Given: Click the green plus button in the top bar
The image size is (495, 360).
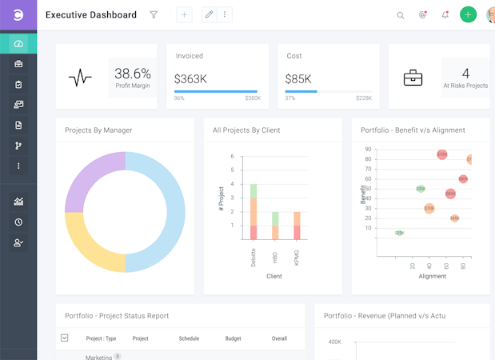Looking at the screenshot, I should pyautogui.click(x=468, y=14).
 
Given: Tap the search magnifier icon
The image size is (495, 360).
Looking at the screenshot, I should pyautogui.click(x=401, y=15).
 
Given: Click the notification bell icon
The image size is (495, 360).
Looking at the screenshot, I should pyautogui.click(x=445, y=14).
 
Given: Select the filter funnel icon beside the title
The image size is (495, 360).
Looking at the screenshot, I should pyautogui.click(x=154, y=14).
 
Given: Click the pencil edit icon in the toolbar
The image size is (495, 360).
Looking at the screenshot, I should pyautogui.click(x=210, y=14).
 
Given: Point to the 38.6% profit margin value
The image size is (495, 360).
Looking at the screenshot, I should pyautogui.click(x=133, y=74).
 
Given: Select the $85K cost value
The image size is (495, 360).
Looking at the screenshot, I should pyautogui.click(x=297, y=79).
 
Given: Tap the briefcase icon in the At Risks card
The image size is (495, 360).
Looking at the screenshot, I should pyautogui.click(x=413, y=78).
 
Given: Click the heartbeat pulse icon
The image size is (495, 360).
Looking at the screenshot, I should pyautogui.click(x=80, y=78).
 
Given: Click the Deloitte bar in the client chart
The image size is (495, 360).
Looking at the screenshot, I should pyautogui.click(x=253, y=213).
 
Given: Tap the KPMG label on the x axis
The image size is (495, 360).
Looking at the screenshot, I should pyautogui.click(x=297, y=257).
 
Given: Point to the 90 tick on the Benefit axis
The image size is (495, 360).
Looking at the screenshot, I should pyautogui.click(x=368, y=149).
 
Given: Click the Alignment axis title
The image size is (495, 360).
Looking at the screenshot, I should pyautogui.click(x=433, y=276).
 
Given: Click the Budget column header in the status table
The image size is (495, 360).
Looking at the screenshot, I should pyautogui.click(x=233, y=338).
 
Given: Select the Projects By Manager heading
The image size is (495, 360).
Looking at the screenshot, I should pyautogui.click(x=98, y=130).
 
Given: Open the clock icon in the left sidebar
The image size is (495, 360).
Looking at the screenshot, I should pyautogui.click(x=18, y=222).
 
